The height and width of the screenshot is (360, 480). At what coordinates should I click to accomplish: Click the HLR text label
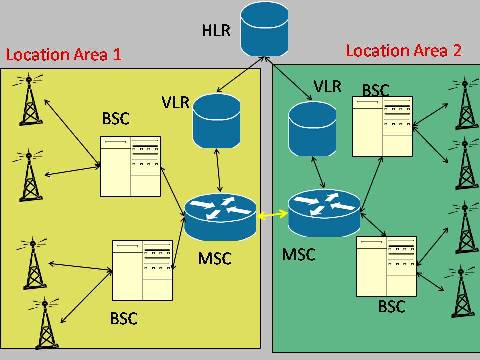click(215, 30)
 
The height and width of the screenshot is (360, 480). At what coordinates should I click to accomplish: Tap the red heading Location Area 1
click(64, 55)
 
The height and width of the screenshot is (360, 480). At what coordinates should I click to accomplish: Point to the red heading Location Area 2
click(403, 50)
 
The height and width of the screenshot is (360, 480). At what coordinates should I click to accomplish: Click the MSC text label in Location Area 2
click(298, 254)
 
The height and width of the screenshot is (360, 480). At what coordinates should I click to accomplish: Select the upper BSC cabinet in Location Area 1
click(131, 166)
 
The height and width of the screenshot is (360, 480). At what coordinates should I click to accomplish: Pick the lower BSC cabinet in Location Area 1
click(143, 271)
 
